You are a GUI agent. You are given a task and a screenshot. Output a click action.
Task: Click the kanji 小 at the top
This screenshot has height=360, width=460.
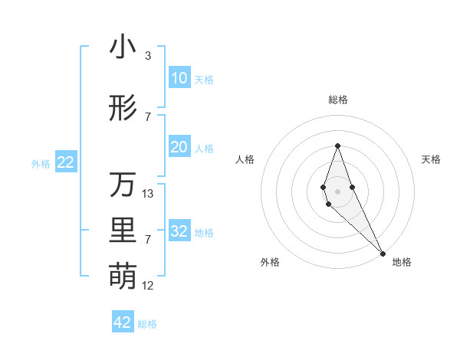coord(123,47)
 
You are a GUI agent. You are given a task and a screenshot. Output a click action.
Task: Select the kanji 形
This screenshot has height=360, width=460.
coord(123,109)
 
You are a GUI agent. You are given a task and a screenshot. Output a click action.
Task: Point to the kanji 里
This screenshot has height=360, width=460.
coord(123,231)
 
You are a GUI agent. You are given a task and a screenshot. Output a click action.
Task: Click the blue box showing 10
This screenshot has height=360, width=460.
coord(179,78)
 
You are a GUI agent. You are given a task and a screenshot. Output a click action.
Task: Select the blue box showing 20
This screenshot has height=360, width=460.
coord(179,147)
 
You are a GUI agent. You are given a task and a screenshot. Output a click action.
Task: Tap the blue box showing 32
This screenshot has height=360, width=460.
coord(179,231)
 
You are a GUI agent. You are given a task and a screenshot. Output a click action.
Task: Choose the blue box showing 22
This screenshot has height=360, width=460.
coord(65,162)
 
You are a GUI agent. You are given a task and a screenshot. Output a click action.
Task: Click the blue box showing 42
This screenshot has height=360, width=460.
coord(123,322)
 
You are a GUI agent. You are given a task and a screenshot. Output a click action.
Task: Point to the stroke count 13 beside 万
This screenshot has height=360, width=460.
coord(148,194)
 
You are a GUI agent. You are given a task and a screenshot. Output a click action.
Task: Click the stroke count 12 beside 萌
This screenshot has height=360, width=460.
coord(148,286)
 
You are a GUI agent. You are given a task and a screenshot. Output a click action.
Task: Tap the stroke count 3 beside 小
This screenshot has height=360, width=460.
coord(148,56)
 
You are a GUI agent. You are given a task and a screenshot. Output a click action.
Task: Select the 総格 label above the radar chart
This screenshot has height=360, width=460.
coord(337,100)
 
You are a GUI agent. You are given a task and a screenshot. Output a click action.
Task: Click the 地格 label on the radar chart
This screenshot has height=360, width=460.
coord(402,262)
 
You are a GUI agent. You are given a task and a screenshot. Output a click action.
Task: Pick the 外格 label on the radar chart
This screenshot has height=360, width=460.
coord(270,262)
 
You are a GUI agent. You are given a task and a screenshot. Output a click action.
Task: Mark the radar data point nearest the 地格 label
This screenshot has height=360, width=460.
coord(382,253)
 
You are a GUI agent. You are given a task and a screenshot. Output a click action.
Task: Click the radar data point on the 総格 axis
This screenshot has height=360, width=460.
coord(337,146)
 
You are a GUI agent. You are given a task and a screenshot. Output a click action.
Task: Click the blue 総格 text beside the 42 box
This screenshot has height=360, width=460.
coord(147,324)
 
